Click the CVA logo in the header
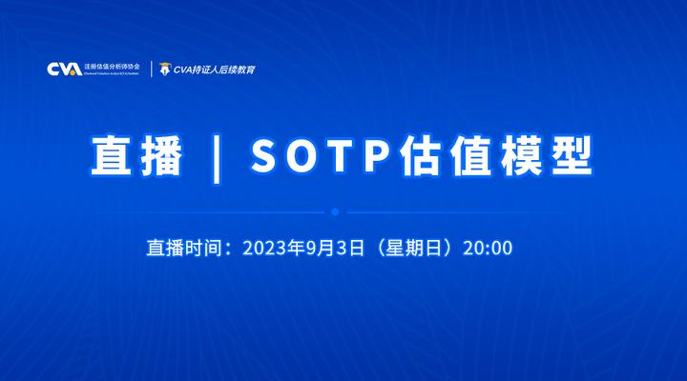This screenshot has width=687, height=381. coord(64,70)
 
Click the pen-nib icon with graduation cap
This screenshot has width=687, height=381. coord(165,69)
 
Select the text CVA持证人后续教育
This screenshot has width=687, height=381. coord(214,70)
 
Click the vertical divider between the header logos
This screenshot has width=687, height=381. coord(152,69)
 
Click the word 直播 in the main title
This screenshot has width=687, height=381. coord(136,154)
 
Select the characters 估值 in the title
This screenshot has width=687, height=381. coord(419,154)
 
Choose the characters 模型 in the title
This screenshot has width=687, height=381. coord(534,154)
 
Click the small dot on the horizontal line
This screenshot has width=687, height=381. coord(335,211)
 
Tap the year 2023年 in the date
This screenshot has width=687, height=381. coord(274,248)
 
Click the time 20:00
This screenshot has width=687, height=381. coord(488,248)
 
